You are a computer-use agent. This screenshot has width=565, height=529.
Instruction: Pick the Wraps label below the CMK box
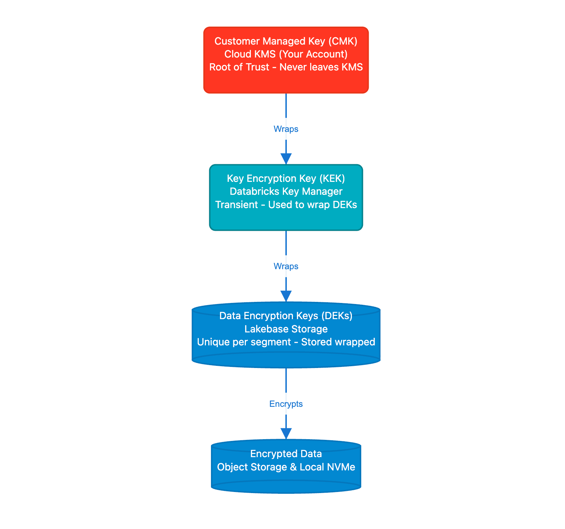(286, 129)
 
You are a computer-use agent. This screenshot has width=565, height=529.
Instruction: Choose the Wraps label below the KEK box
(286, 266)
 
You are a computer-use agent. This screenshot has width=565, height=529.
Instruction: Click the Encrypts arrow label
(286, 404)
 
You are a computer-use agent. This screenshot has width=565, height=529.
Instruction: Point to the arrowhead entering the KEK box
(286, 159)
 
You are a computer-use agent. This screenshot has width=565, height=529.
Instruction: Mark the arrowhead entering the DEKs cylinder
(286, 296)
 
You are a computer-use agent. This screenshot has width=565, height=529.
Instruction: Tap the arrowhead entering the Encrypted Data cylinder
(286, 433)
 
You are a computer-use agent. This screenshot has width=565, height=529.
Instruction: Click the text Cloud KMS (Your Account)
(286, 54)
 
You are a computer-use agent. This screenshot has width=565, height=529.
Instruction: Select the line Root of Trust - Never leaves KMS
(286, 67)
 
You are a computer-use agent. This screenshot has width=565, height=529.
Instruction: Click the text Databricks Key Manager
(286, 192)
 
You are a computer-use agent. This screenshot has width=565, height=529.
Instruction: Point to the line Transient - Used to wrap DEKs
(286, 205)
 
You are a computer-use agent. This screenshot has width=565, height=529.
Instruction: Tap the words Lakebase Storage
(286, 329)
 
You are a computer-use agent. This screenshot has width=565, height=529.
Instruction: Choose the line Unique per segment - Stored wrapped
(286, 342)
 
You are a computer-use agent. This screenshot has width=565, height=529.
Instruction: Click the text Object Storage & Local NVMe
(286, 467)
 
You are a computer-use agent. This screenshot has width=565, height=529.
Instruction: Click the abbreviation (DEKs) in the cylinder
(337, 316)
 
